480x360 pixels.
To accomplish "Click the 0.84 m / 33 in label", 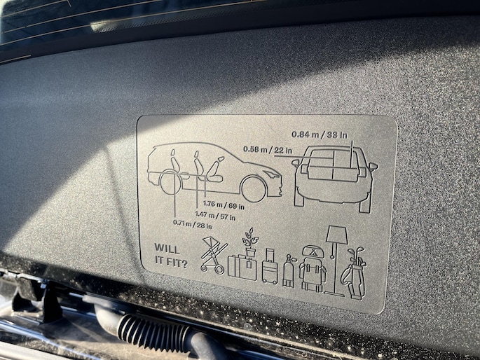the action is (320, 134).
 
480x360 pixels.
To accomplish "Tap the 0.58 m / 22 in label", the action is (268, 150).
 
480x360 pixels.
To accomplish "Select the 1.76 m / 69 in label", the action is (224, 205).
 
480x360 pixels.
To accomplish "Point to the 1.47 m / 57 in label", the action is (215, 216).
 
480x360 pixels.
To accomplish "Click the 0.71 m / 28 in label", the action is (192, 224).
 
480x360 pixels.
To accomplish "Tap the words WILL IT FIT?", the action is (171, 256).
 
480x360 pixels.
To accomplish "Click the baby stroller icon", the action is (214, 255).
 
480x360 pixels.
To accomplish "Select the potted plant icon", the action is (250, 242).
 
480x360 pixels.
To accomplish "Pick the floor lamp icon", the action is (336, 260).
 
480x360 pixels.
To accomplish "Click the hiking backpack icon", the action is (313, 268).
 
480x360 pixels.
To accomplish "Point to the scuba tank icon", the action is (289, 271).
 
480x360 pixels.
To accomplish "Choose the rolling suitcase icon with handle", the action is (270, 266).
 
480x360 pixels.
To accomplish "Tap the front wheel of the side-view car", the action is (254, 188).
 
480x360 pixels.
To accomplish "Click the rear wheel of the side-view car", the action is (172, 182).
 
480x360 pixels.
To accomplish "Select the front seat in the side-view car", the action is (214, 169).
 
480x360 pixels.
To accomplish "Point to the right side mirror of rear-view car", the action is (373, 167).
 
